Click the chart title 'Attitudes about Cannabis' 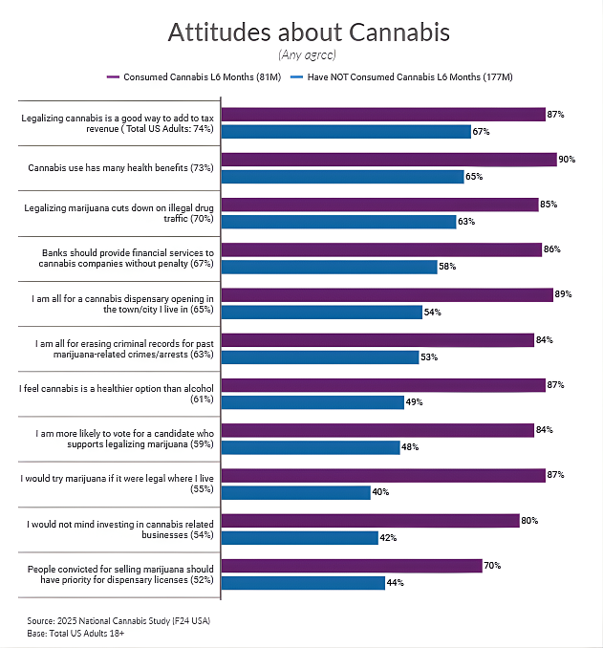click(309, 32)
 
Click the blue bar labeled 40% click(296, 492)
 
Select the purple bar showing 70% click(352, 566)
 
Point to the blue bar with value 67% click(346, 131)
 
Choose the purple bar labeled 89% click(387, 294)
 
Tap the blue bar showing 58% click(329, 267)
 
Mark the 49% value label click(414, 402)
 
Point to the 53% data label click(429, 357)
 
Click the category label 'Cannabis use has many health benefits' click(119, 168)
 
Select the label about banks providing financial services click(119, 257)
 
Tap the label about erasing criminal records click(119, 348)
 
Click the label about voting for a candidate click(119, 439)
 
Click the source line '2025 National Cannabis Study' click(118, 620)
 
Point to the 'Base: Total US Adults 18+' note click(75, 633)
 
